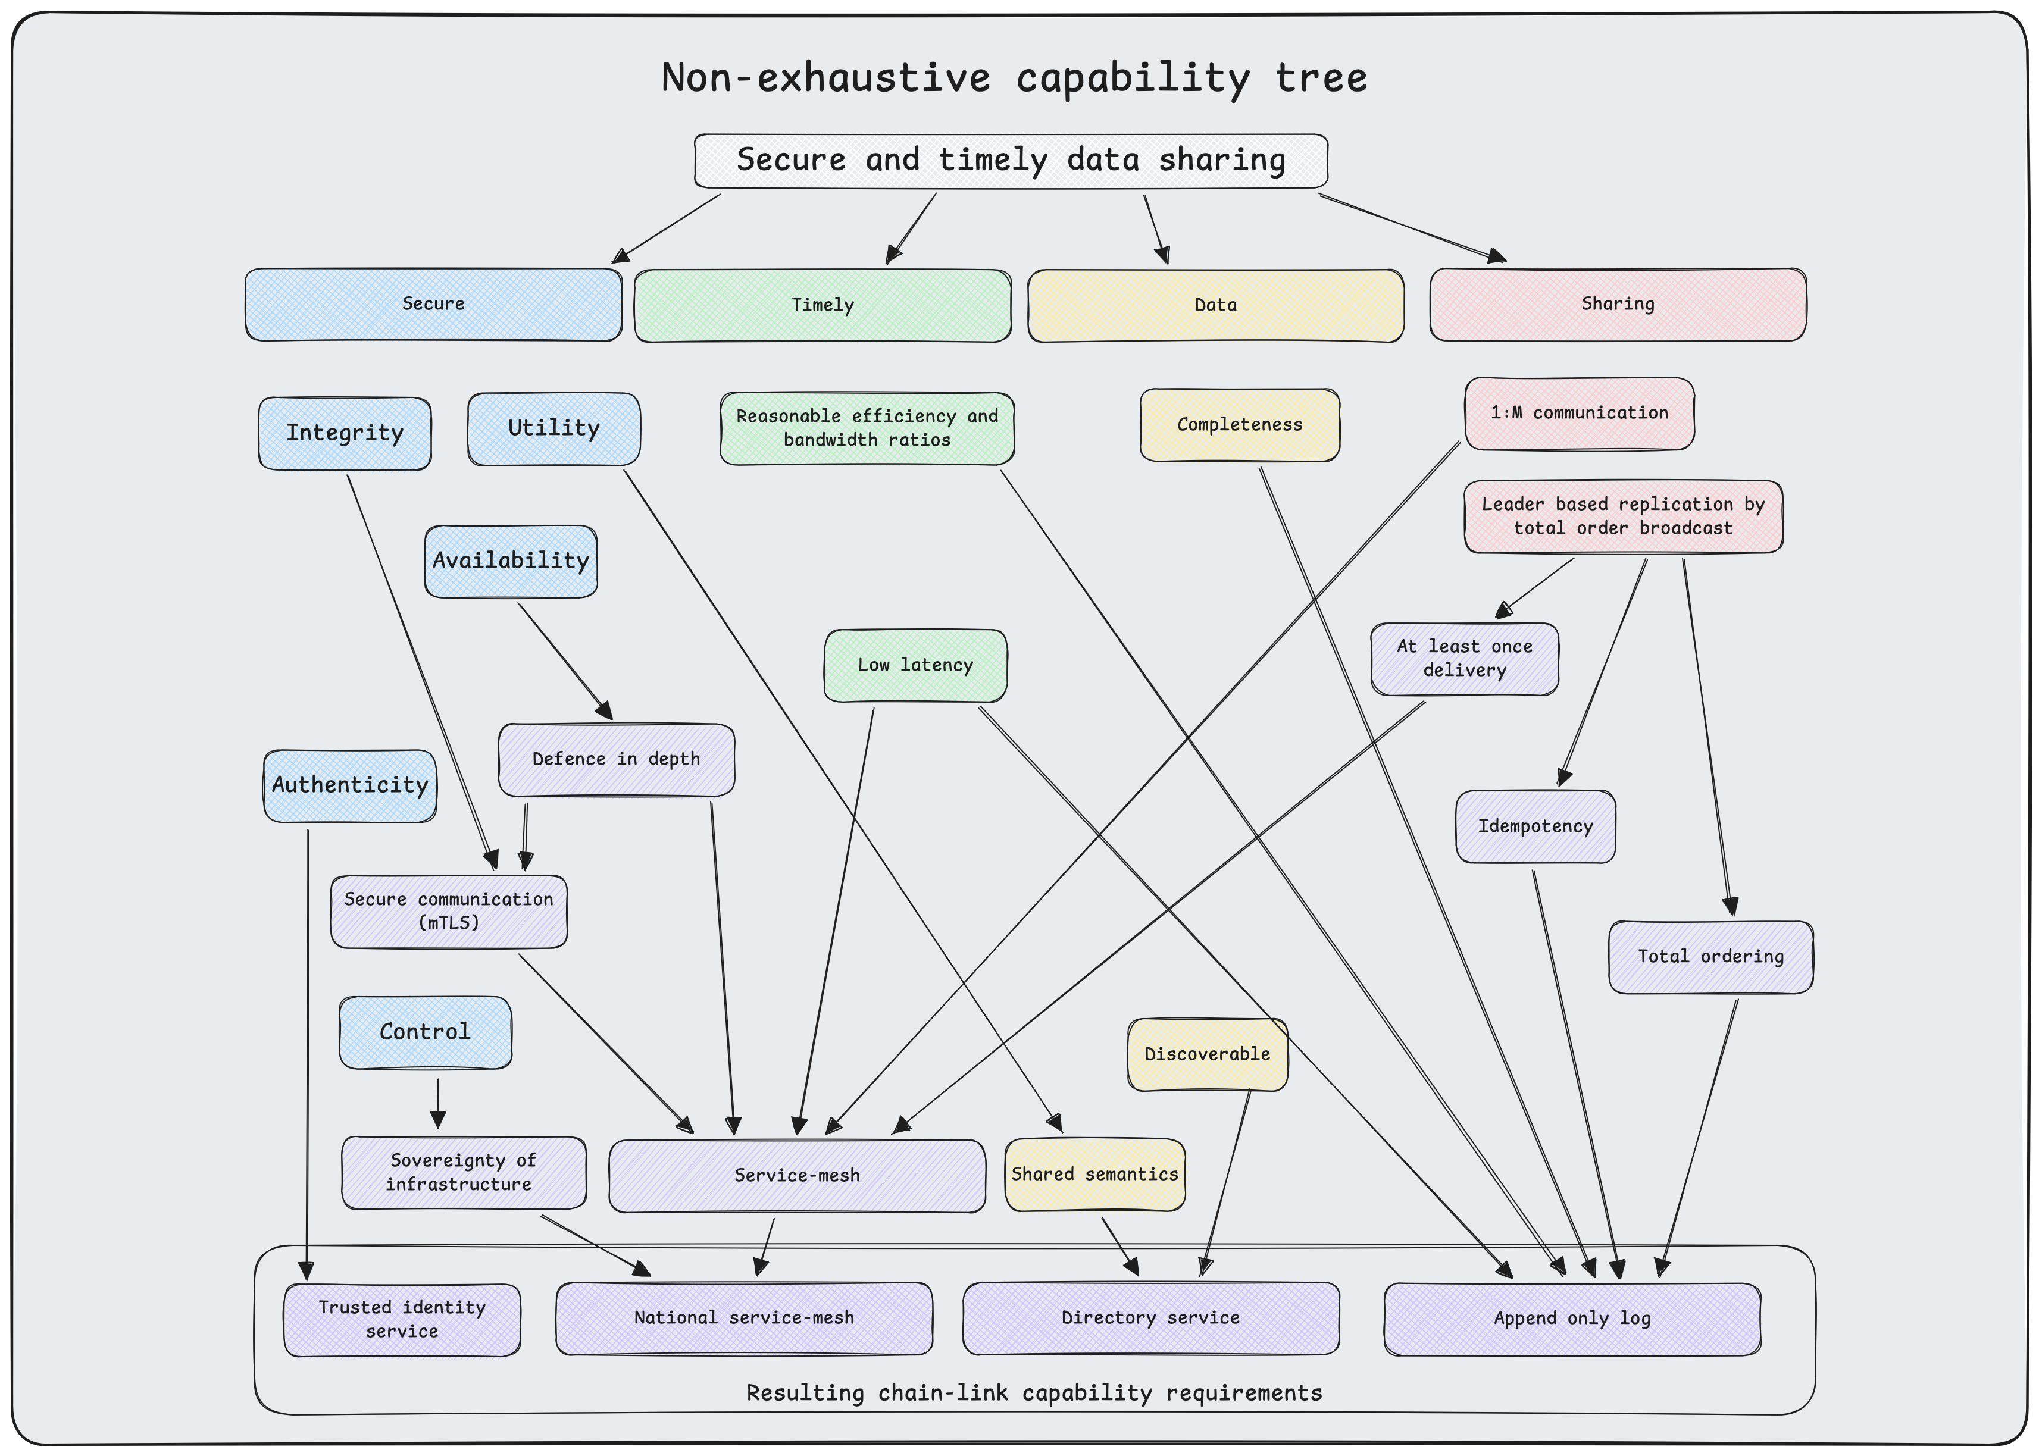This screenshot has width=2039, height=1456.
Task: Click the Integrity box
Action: pos(345,433)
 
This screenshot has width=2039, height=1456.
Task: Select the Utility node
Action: pos(553,428)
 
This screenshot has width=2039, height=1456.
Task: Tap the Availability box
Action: pos(510,561)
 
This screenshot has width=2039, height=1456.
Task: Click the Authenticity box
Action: pos(350,785)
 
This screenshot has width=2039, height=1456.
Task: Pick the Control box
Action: pos(425,1032)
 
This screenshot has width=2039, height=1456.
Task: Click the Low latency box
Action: pos(915,665)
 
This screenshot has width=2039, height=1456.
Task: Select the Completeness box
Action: pos(1239,425)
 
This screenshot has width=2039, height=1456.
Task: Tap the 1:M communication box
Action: pos(1579,414)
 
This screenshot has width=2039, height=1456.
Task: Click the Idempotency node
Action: pos(1535,826)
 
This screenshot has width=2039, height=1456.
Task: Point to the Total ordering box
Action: pos(1710,957)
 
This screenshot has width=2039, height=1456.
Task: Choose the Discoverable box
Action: pos(1207,1054)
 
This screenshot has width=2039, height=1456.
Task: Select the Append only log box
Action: pos(1571,1319)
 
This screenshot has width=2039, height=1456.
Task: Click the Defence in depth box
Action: pos(616,759)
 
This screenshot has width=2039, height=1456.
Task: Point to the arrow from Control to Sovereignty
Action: pos(437,1103)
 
